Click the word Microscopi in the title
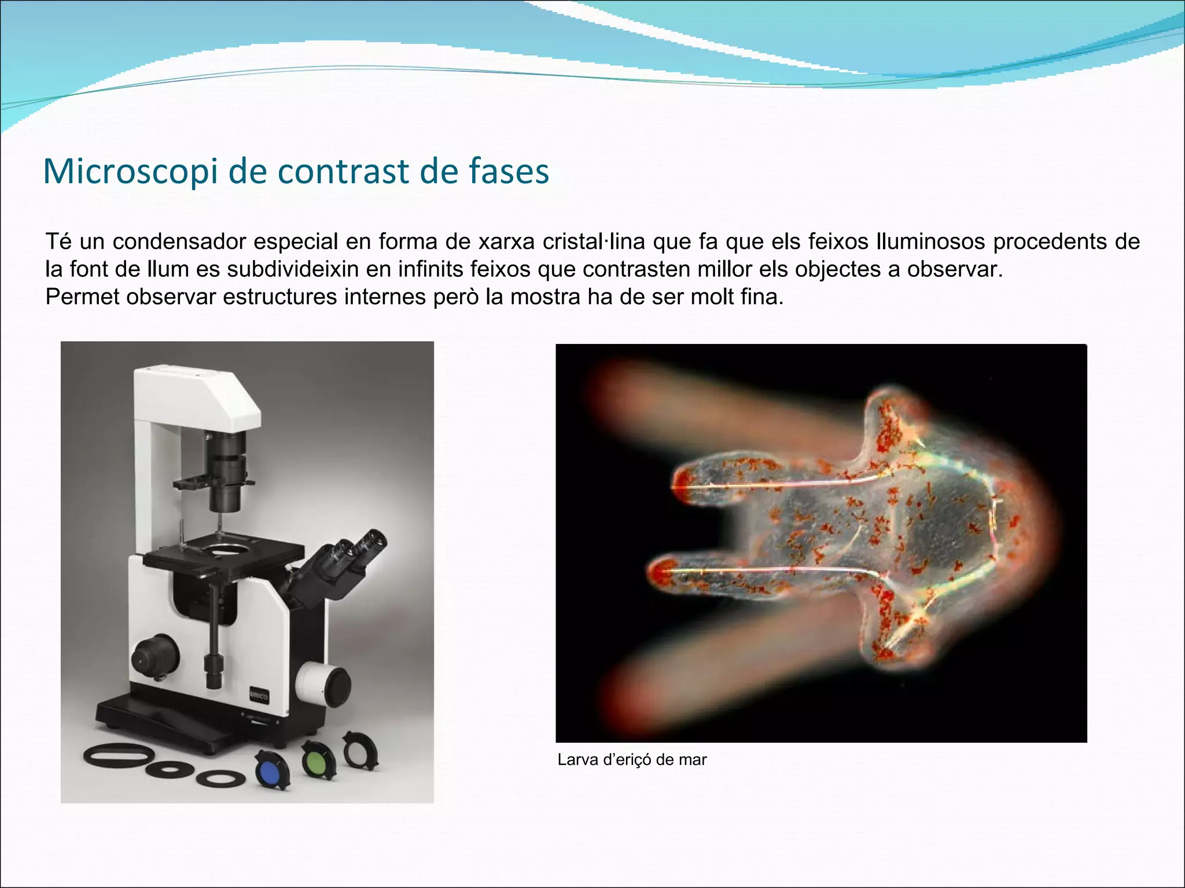coord(131,172)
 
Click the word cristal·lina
coord(594,242)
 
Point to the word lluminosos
coord(930,242)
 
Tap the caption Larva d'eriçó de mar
coord(632,760)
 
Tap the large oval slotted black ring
coord(118,755)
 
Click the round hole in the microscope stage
coord(230,547)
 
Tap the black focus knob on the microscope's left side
coord(154,655)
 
